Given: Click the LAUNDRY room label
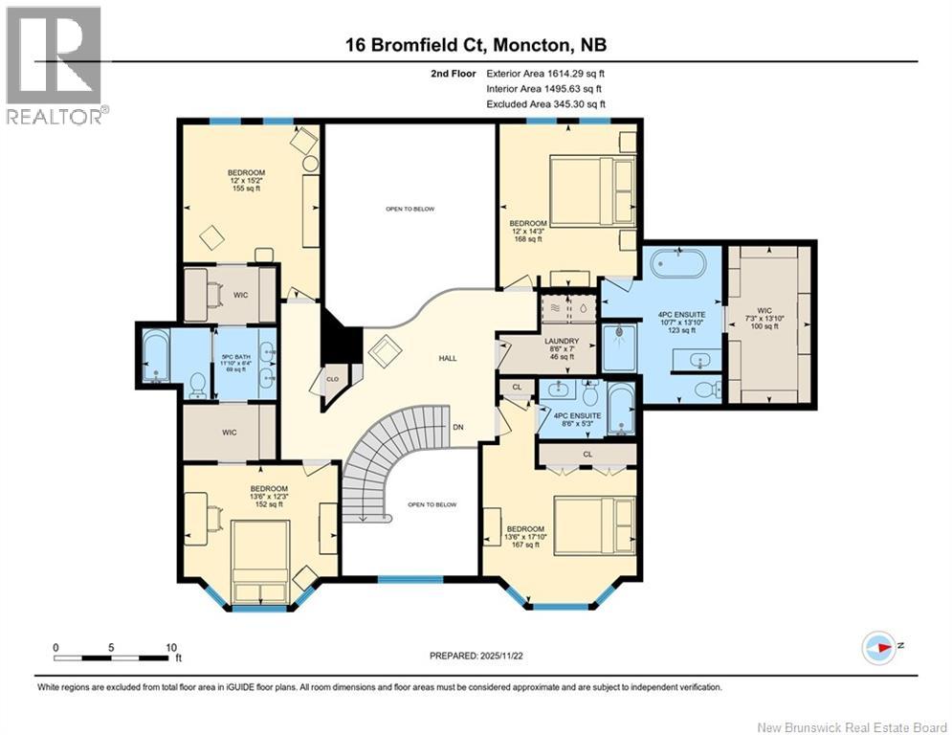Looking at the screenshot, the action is coord(561,342).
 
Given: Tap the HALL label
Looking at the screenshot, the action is coord(448,358).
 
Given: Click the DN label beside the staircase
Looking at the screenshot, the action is coord(458,427).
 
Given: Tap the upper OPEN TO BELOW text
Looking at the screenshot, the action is coord(410,209).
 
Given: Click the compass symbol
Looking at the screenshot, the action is coord(878,648).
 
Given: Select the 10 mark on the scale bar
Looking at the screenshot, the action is coord(171,648).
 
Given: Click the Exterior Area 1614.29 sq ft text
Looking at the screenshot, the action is coord(545,74).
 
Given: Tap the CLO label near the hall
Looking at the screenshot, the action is coord(333,379).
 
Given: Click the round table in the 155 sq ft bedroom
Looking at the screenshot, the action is coord(311,164).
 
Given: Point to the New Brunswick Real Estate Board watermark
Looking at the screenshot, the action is coord(852,727).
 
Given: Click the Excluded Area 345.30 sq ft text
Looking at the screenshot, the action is coord(545,104).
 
